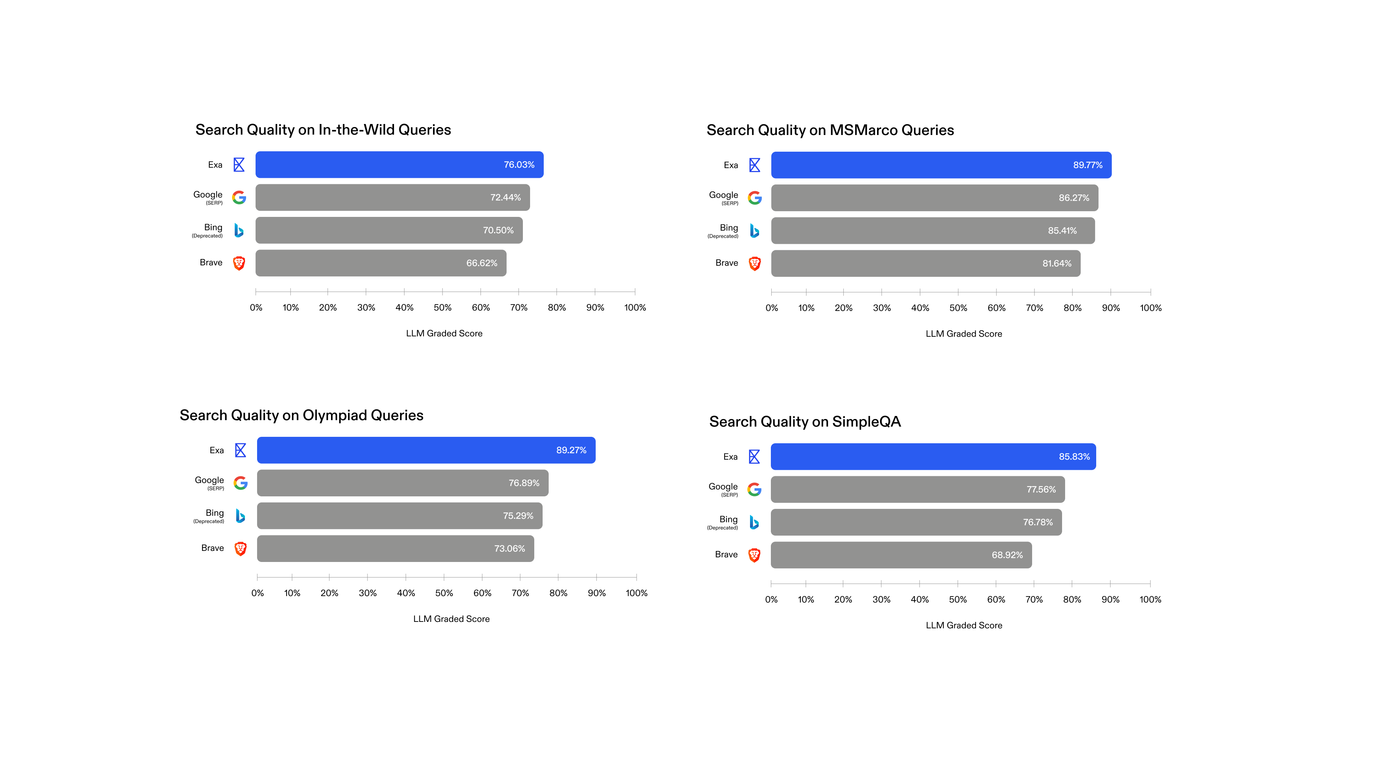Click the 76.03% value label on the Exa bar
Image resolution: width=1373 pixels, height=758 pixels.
pyautogui.click(x=519, y=165)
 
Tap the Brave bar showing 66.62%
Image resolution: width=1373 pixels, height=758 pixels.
pyautogui.click(x=381, y=263)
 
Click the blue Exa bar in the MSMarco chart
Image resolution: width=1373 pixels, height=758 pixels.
pyautogui.click(x=941, y=165)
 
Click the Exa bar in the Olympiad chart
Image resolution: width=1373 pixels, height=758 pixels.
pyautogui.click(x=426, y=450)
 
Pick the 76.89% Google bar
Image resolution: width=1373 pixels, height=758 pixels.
pyautogui.click(x=402, y=483)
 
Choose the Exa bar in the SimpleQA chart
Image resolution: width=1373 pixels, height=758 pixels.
pyautogui.click(x=933, y=457)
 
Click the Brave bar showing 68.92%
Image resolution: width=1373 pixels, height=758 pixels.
pyautogui.click(x=901, y=555)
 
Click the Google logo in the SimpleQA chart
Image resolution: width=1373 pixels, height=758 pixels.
pyautogui.click(x=754, y=489)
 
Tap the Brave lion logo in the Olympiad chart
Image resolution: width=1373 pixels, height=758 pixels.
pyautogui.click(x=240, y=549)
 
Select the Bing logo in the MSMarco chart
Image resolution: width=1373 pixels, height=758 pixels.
pyautogui.click(x=754, y=231)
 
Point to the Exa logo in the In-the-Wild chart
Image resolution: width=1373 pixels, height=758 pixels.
pyautogui.click(x=239, y=165)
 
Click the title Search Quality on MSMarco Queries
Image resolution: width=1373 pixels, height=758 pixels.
pyautogui.click(x=830, y=130)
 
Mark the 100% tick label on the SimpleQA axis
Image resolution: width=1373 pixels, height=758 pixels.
pyautogui.click(x=1150, y=599)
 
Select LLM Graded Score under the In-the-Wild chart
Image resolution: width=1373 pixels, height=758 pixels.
pyautogui.click(x=444, y=334)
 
